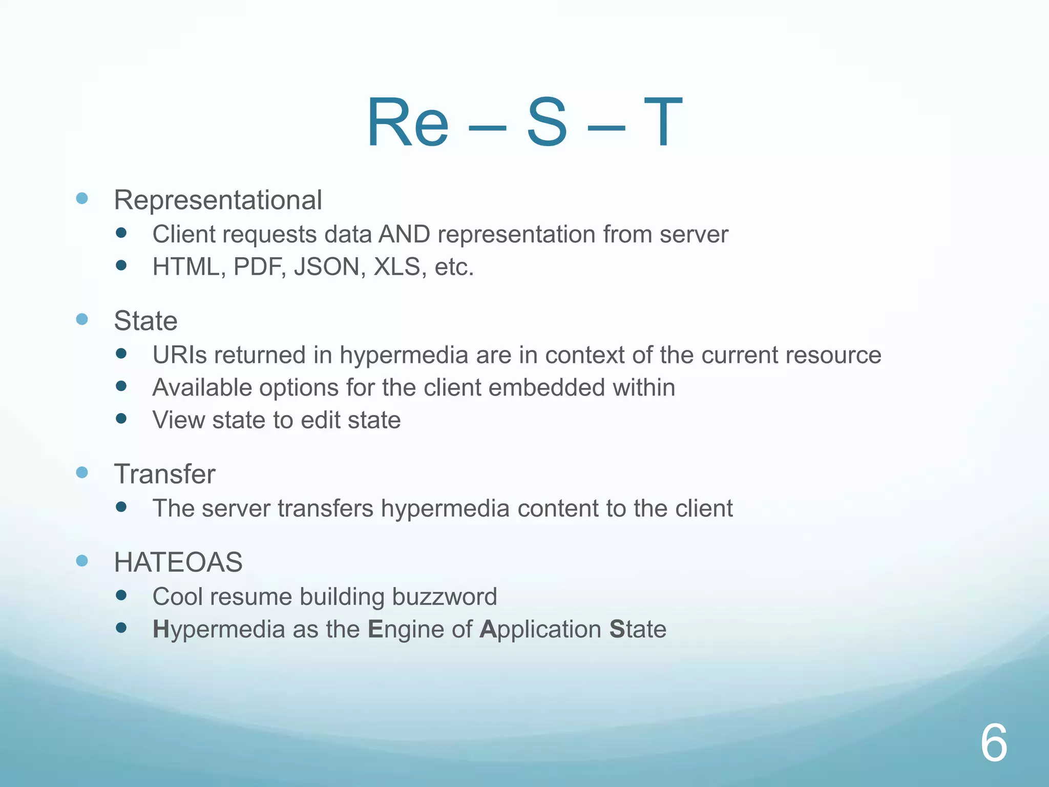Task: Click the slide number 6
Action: tap(994, 743)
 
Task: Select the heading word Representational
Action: tap(218, 200)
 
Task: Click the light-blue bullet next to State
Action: tap(82, 320)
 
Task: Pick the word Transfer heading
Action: tap(164, 474)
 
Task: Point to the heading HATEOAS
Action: tap(178, 562)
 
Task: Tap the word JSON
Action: tap(326, 267)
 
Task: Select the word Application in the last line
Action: tap(540, 630)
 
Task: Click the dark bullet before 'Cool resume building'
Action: tap(121, 595)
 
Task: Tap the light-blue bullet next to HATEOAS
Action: tap(82, 561)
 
